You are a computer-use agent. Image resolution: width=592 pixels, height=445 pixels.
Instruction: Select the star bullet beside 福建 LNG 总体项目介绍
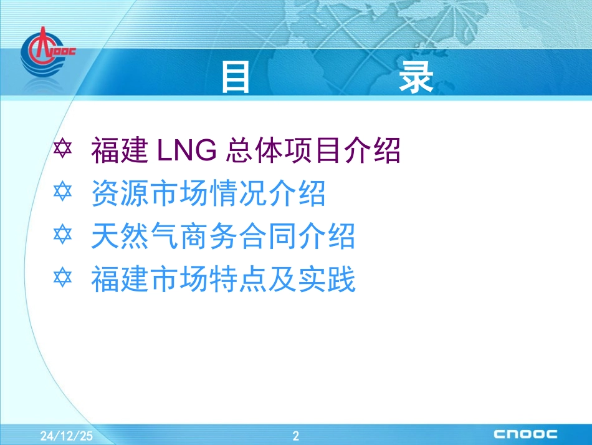tap(63, 149)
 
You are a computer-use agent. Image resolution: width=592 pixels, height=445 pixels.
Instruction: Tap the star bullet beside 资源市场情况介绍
tap(63, 193)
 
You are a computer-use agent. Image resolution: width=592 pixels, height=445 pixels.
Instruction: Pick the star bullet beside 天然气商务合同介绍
tap(63, 236)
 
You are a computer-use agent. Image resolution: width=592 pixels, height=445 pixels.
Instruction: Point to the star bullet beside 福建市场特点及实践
tap(63, 280)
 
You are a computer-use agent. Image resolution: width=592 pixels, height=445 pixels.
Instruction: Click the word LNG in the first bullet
tap(184, 150)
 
